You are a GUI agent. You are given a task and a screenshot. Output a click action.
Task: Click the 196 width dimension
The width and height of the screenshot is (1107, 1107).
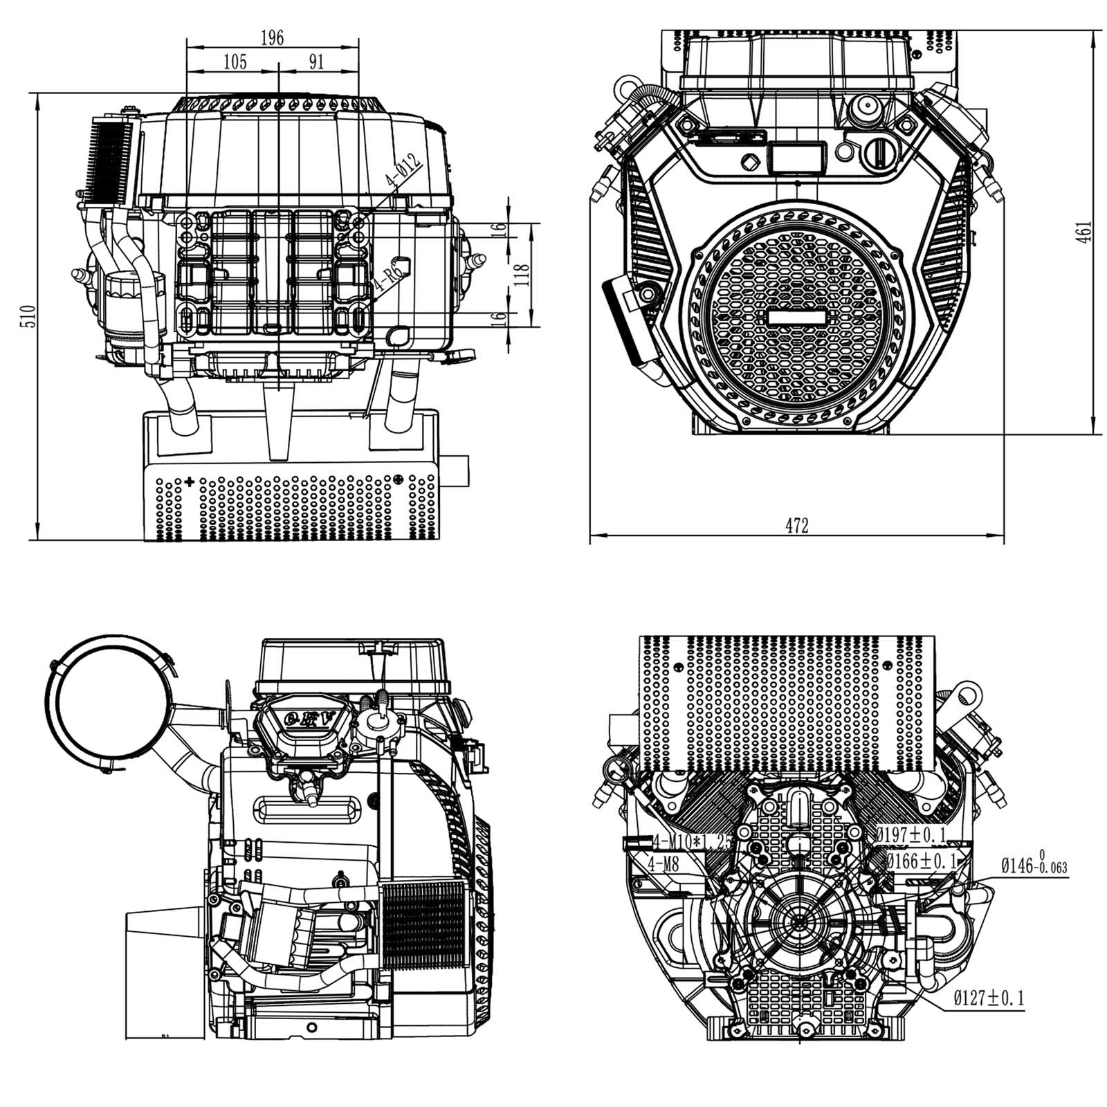(x=272, y=38)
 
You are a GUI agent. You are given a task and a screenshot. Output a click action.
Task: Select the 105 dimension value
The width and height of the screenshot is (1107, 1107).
(x=235, y=62)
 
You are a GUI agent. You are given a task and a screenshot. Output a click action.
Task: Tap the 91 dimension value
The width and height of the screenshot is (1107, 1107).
(x=315, y=62)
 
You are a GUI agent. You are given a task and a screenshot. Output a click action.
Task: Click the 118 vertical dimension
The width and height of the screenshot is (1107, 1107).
(x=524, y=275)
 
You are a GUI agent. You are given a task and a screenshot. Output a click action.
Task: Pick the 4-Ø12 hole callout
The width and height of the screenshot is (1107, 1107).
(x=403, y=173)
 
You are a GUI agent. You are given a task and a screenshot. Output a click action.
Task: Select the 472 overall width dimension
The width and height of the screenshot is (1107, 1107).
(x=796, y=526)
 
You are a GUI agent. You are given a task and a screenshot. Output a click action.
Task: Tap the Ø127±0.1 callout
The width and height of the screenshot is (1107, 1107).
(x=988, y=998)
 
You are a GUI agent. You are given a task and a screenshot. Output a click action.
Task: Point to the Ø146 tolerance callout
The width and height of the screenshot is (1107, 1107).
(x=1034, y=866)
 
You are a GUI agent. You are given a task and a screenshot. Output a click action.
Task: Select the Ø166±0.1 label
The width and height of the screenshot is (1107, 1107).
(x=922, y=861)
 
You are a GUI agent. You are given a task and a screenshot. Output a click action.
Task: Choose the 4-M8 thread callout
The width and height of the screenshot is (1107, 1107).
(x=663, y=863)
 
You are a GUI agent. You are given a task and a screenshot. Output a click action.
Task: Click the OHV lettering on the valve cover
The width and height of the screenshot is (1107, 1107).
(x=309, y=720)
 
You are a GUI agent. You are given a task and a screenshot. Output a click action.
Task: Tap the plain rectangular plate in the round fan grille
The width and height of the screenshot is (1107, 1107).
(x=797, y=317)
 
